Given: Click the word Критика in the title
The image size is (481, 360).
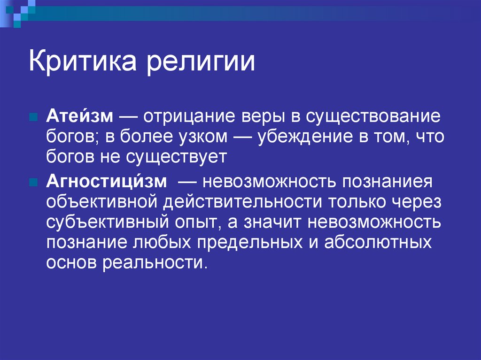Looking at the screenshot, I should [83, 62].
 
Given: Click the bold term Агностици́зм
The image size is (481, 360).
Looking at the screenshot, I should [106, 181].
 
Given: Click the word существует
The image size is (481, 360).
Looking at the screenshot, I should [176, 157].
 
